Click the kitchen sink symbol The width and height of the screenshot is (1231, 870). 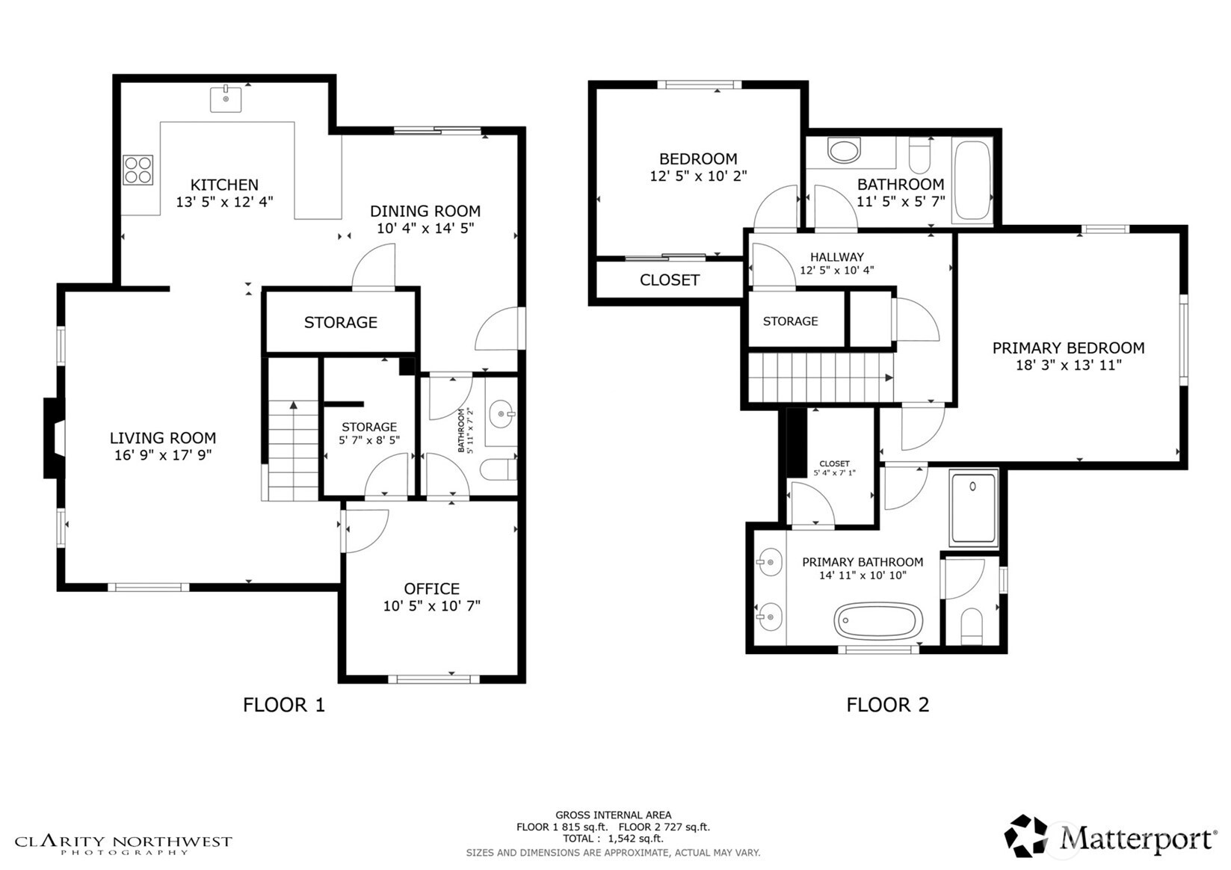226,99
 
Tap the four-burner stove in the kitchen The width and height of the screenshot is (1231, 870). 138,170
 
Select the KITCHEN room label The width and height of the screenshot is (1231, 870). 224,185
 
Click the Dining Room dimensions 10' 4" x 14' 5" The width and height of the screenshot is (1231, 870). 425,229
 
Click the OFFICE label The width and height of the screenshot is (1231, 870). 431,589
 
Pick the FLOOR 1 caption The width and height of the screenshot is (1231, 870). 284,705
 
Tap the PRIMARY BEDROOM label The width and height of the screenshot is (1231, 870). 1068,348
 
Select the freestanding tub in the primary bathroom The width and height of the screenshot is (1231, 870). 878,620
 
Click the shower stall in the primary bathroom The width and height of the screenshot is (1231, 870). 973,507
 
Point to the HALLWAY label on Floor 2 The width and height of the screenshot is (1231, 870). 836,257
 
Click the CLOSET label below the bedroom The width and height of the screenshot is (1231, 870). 669,280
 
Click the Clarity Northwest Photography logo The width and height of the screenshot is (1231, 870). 123,844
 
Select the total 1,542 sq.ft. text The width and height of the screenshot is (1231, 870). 613,839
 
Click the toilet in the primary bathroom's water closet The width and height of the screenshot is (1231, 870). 971,626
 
